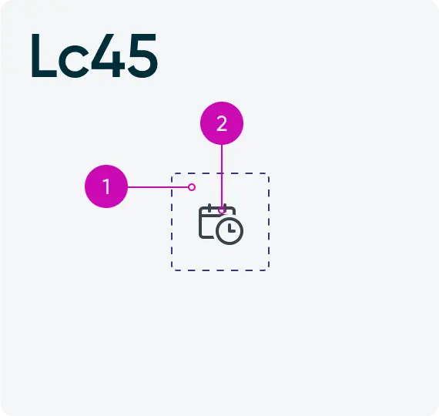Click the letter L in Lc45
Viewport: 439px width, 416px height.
point(43,55)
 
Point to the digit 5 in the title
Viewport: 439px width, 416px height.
point(142,55)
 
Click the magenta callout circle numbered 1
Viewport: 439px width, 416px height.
point(106,186)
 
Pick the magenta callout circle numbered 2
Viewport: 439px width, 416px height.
point(222,123)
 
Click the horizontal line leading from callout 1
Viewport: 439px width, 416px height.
point(158,187)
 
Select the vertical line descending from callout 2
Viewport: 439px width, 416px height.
point(222,176)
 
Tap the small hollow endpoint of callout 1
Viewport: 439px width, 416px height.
point(192,187)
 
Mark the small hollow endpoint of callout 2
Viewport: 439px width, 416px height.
point(222,210)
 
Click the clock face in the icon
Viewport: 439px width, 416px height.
point(230,231)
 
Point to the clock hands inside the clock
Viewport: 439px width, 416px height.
point(231,229)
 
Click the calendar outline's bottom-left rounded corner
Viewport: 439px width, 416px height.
point(201,237)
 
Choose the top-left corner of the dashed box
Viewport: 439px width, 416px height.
point(172,173)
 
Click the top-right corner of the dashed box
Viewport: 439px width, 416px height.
point(269,173)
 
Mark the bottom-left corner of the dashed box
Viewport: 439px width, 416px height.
point(172,270)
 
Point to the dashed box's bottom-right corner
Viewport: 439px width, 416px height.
point(269,270)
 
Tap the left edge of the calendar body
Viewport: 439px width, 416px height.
point(199,223)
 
